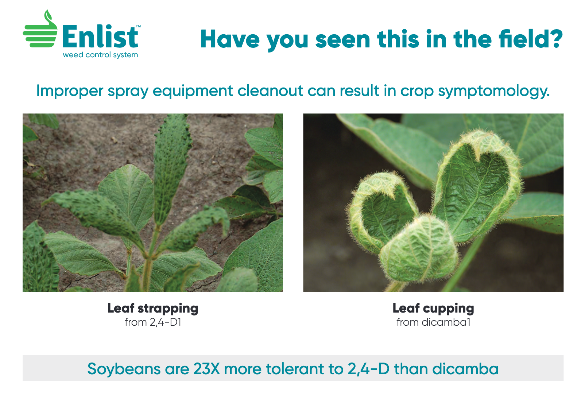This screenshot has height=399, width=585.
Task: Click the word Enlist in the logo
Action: point(100,36)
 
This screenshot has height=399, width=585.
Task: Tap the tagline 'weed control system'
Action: point(101,55)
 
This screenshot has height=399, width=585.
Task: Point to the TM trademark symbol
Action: point(139,26)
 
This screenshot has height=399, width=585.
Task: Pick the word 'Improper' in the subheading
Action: point(70,92)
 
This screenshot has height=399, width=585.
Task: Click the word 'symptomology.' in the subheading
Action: point(493,92)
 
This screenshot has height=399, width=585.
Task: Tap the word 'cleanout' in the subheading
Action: point(270,91)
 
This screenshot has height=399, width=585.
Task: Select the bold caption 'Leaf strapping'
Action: point(153,309)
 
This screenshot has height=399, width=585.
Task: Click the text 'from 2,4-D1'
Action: point(153,322)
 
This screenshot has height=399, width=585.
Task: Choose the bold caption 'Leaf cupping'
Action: point(433,309)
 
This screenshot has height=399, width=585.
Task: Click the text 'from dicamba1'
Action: point(433,322)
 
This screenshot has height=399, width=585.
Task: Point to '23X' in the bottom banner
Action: point(206,369)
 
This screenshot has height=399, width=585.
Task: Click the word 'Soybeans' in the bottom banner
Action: point(124,369)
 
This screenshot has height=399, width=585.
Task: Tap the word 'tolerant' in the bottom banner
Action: point(295,369)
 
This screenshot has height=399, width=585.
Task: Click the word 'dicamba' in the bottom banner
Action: point(465,369)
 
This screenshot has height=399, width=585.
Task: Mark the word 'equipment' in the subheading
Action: point(193,92)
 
